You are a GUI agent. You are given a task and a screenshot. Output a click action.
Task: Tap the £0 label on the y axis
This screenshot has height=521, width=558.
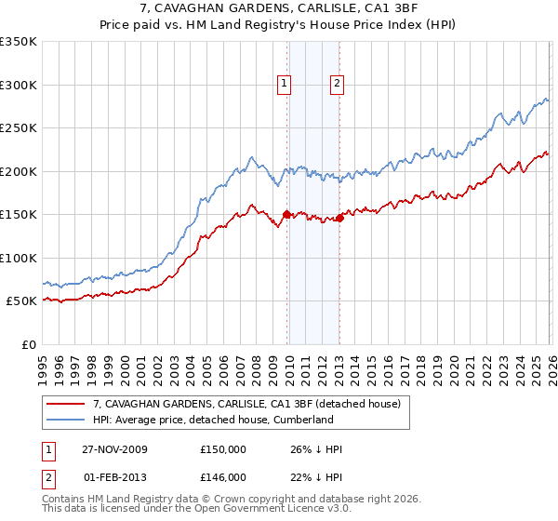[28, 345]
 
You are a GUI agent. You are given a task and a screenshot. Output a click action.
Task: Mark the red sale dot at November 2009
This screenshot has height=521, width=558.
[286, 215]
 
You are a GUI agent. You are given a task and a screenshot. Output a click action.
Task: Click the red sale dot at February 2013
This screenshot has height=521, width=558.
[339, 219]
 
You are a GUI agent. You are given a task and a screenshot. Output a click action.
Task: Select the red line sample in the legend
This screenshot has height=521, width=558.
[65, 404]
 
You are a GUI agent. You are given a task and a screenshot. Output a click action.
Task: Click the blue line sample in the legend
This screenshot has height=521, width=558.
[65, 420]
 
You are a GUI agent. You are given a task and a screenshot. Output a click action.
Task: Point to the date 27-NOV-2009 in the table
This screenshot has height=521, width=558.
[115, 449]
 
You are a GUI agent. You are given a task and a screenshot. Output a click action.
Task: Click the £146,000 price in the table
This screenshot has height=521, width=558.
[223, 476]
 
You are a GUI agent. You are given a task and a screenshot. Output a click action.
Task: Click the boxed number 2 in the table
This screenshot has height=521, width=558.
[49, 476]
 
